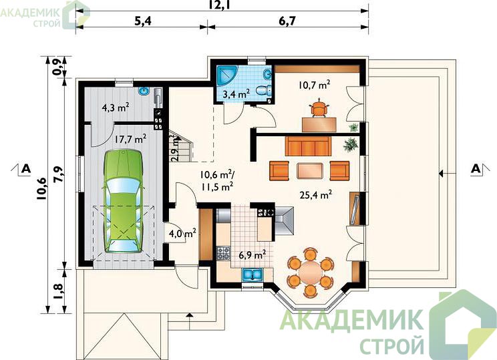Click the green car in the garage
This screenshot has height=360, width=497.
tap(124, 201)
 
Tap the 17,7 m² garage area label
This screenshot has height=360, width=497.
tap(130, 139)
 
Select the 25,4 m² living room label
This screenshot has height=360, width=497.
tap(316, 194)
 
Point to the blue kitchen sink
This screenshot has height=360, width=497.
tap(253, 275)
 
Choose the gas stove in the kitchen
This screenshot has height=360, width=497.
tap(224, 253)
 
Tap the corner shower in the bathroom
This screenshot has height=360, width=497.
tap(225, 75)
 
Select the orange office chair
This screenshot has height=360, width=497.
tap(319, 108)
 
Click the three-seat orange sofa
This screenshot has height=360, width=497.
tap(308, 146)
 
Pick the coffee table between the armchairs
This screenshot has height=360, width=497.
tap(310, 170)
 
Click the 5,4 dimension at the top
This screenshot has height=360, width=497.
tap(143, 21)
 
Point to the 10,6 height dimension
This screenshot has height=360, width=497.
tap(41, 188)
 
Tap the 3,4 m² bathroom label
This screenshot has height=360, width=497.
tap(236, 94)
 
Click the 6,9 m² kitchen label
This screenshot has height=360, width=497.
tap(253, 254)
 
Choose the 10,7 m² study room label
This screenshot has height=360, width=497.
tap(314, 85)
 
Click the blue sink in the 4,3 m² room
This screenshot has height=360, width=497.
tap(144, 92)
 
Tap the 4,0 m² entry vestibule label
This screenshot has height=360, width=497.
tap(182, 234)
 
